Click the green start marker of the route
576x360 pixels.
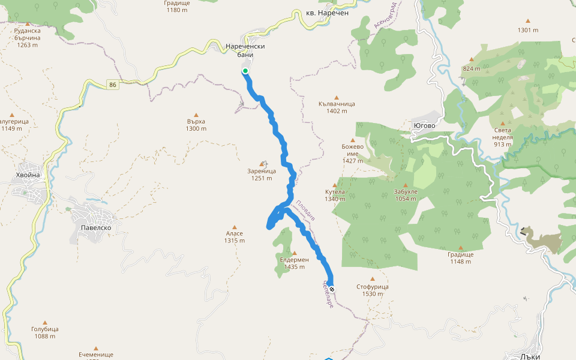(245, 71)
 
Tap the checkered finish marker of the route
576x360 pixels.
(331, 290)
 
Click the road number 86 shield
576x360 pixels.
(113, 85)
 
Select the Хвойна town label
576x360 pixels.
(28, 175)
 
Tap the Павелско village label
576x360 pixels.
(96, 228)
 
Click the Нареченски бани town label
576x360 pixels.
(245, 50)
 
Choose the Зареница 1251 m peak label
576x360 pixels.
(262, 174)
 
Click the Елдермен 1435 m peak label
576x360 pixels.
(294, 263)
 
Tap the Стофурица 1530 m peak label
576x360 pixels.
(372, 290)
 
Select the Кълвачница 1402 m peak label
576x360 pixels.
(337, 107)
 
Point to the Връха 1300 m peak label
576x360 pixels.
(196, 125)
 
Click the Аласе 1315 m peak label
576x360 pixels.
(234, 237)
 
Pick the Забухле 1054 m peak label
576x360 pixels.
(406, 195)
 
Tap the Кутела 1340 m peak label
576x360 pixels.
(335, 195)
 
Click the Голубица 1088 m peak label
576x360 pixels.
(44, 332)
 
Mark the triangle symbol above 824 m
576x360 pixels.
(472, 59)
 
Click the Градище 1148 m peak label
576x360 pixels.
(460, 257)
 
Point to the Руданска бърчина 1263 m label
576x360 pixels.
(28, 37)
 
